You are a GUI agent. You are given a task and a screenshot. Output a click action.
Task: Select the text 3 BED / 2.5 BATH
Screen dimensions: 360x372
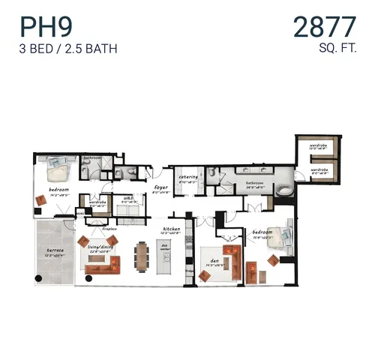click(69, 49)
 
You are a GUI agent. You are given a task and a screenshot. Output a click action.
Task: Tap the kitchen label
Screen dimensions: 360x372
click(172, 228)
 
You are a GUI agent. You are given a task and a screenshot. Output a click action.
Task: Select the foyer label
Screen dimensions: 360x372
click(160, 187)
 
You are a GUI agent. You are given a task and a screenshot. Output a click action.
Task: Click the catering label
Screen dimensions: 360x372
click(187, 177)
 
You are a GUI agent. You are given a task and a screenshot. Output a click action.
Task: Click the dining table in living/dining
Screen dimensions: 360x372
click(142, 255)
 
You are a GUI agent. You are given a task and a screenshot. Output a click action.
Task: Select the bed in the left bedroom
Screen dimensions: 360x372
click(58, 172)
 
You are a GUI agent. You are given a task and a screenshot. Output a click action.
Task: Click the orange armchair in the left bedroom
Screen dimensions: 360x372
click(41, 199)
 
